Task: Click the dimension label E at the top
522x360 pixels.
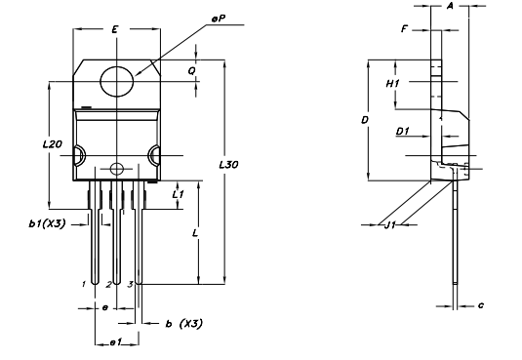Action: pyautogui.click(x=115, y=31)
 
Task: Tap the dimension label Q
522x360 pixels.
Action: pyautogui.click(x=192, y=70)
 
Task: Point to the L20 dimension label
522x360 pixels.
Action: pyautogui.click(x=53, y=143)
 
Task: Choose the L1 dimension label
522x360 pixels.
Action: pyautogui.click(x=178, y=195)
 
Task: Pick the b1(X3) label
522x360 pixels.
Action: pyautogui.click(x=47, y=223)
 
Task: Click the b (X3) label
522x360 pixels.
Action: pyautogui.click(x=183, y=323)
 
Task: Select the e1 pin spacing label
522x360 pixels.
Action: pyautogui.click(x=114, y=341)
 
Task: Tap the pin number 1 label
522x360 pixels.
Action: pyautogui.click(x=85, y=284)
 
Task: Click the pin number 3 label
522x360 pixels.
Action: pyautogui.click(x=130, y=284)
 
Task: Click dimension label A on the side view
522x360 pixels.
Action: pyautogui.click(x=450, y=6)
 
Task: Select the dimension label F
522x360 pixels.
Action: pyautogui.click(x=404, y=29)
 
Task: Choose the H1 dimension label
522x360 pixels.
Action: pyautogui.click(x=392, y=85)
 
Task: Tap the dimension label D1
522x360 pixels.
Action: pyautogui.click(x=402, y=130)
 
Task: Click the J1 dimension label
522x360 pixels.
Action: pyautogui.click(x=389, y=225)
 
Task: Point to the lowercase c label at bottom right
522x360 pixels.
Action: pyautogui.click(x=481, y=305)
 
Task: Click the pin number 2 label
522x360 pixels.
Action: pyautogui.click(x=108, y=285)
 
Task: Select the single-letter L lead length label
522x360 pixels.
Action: pyautogui.click(x=196, y=234)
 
